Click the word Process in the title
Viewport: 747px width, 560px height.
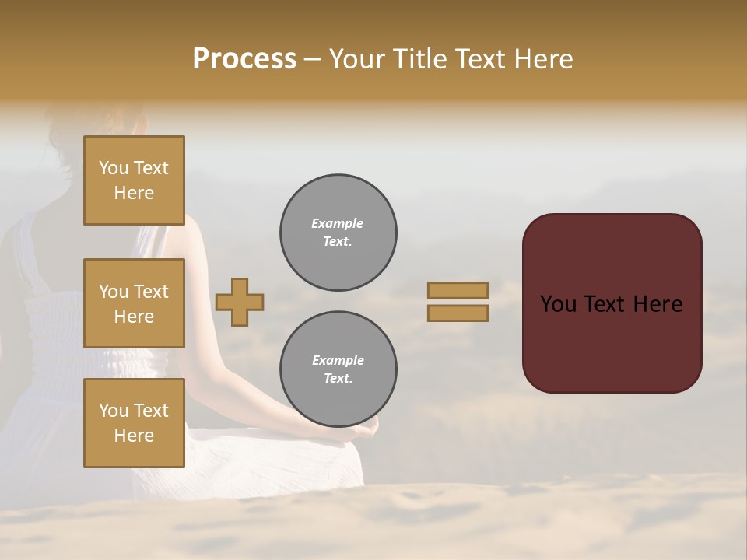coord(244,59)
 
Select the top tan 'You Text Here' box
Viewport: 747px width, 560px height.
coord(134,180)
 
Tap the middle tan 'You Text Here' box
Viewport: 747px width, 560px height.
coord(134,303)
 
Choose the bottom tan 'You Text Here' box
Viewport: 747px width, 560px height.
coord(134,423)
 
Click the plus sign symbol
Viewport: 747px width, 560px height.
coord(240,302)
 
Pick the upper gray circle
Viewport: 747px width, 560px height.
coord(338,233)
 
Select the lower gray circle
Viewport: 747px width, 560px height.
coord(338,369)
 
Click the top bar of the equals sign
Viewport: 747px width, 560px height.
coord(458,290)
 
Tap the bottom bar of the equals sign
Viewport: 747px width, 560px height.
coord(458,313)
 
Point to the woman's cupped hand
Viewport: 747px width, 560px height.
coord(363,432)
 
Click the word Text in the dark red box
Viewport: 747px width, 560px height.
coord(612,304)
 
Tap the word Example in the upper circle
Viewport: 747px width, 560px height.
coord(338,223)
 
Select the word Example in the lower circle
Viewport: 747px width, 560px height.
coord(338,360)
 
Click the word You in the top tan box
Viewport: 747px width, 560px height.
coord(114,168)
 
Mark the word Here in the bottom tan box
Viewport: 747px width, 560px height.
coord(134,436)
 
